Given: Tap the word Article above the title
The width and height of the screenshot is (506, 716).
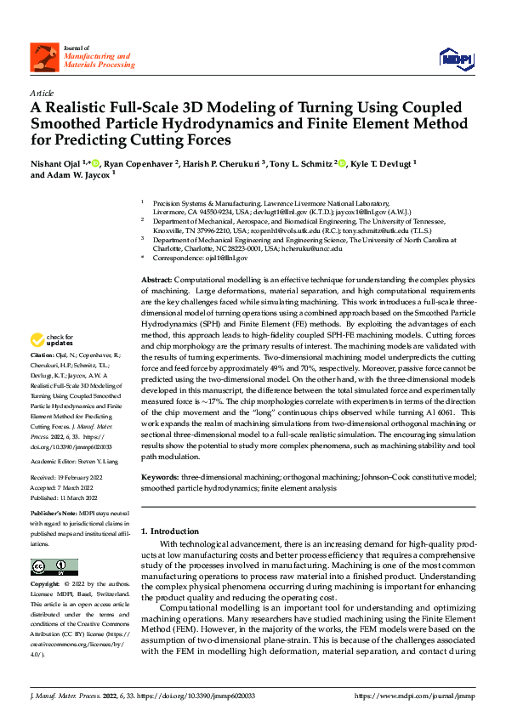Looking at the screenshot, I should tap(42, 93).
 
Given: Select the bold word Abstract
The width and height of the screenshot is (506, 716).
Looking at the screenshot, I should tap(156, 280).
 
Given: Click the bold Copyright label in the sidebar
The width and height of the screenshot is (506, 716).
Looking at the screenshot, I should tap(43, 586).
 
